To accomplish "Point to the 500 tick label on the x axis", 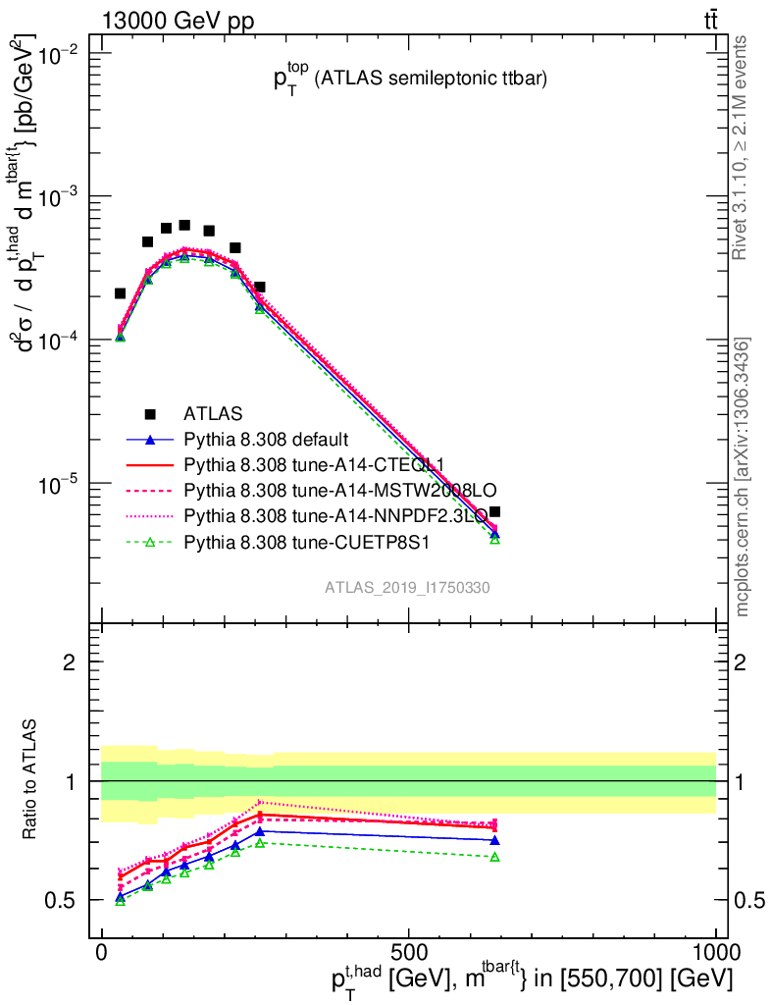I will point(409,953).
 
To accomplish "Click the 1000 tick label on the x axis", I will point(715,953).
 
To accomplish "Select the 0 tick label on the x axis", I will point(102,953).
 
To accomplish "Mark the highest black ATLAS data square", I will point(184,225).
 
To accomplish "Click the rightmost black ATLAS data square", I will point(495,511).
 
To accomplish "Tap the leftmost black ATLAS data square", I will point(121,293).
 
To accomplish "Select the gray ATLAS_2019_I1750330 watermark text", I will point(408,587).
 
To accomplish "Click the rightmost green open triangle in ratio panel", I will point(495,857).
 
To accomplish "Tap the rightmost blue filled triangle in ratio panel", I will point(495,840).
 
